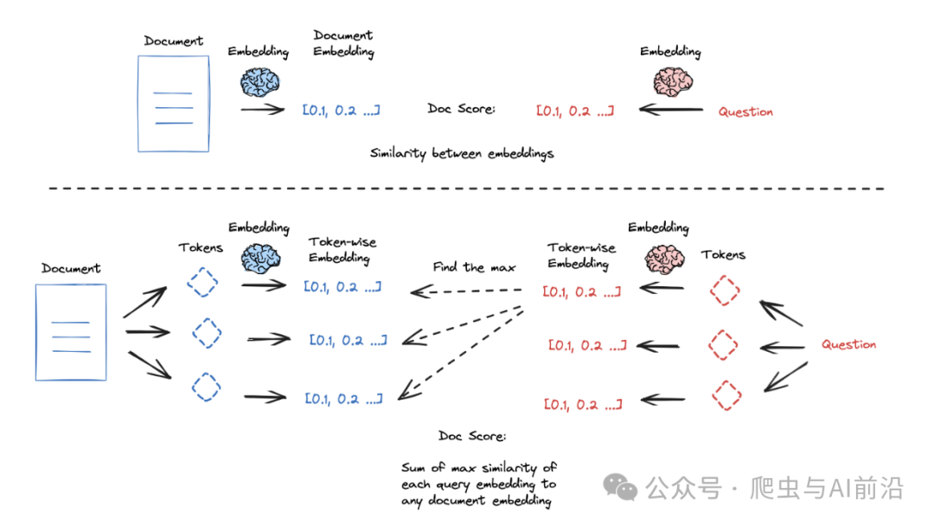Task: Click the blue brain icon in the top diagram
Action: pos(259,82)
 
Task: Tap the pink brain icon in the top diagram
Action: pos(673,81)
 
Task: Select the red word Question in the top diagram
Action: pos(745,112)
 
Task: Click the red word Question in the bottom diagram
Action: pos(849,344)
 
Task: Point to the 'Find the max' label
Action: pos(474,267)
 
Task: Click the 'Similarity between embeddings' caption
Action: pos(462,153)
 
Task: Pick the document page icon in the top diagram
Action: pos(173,104)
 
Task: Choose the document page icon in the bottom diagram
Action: pos(71,332)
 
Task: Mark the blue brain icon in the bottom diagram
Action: pos(260,259)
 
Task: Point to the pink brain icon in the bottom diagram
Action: pos(664,259)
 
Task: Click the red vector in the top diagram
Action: pos(575,111)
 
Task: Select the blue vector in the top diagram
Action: pos(342,110)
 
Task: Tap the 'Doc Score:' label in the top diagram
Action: pos(461,108)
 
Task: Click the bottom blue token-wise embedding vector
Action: pos(343,399)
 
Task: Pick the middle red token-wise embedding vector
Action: pos(587,345)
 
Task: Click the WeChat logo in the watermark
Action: pos(620,487)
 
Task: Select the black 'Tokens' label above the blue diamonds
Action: pos(201,247)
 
